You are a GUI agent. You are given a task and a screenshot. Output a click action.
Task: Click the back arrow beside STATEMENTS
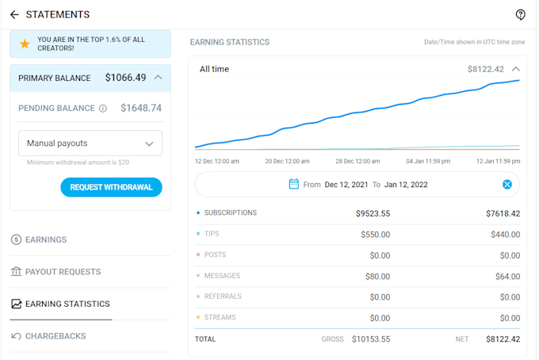14,14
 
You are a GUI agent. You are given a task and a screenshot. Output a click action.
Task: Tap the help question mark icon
521,14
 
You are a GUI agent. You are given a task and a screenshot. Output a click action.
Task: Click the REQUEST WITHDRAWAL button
111,187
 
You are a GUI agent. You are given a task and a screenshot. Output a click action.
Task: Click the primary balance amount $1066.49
125,78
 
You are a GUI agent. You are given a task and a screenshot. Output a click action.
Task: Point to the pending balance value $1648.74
141,108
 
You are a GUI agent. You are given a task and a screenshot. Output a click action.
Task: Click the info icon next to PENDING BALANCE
103,109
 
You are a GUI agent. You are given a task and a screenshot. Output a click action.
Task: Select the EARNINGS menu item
46,239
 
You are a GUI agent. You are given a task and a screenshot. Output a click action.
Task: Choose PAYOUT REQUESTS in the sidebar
63,272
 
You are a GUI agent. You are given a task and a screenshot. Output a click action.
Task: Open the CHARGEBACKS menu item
55,336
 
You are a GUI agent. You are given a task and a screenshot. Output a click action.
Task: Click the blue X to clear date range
507,185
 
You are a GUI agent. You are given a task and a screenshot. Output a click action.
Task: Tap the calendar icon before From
294,184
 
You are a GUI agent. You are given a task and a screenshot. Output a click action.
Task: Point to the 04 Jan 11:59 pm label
428,161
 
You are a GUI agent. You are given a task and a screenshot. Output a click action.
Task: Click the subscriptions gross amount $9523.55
373,213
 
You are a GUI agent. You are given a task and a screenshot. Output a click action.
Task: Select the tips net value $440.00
505,235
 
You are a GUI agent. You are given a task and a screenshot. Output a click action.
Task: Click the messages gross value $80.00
377,277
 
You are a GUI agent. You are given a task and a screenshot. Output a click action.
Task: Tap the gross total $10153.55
371,339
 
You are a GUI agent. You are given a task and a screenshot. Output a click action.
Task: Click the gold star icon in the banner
25,44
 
